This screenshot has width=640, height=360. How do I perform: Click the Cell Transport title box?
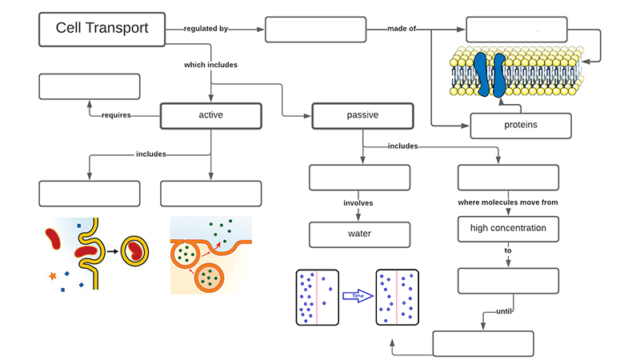(x=102, y=29)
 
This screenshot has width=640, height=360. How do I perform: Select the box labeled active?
(x=210, y=115)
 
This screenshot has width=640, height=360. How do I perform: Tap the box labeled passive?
(x=362, y=115)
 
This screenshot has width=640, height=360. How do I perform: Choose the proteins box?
(x=520, y=126)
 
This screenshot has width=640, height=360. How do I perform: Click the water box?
(x=359, y=234)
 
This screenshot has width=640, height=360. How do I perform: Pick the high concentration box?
(x=508, y=229)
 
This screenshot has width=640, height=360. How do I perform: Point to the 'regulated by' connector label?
(x=206, y=29)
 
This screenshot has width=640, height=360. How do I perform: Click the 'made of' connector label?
(x=402, y=29)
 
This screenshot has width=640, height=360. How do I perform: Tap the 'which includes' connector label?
(x=210, y=65)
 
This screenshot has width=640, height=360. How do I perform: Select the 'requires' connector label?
(x=117, y=115)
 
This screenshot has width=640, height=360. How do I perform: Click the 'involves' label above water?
(x=359, y=203)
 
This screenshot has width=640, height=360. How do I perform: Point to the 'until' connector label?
(x=503, y=310)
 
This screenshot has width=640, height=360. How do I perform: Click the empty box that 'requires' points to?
(x=90, y=86)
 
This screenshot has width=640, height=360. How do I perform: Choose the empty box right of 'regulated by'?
(x=315, y=29)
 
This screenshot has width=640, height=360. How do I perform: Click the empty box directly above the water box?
(x=359, y=178)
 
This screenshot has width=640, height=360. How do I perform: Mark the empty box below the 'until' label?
(x=483, y=343)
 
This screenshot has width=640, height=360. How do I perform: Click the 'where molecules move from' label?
(x=508, y=202)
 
